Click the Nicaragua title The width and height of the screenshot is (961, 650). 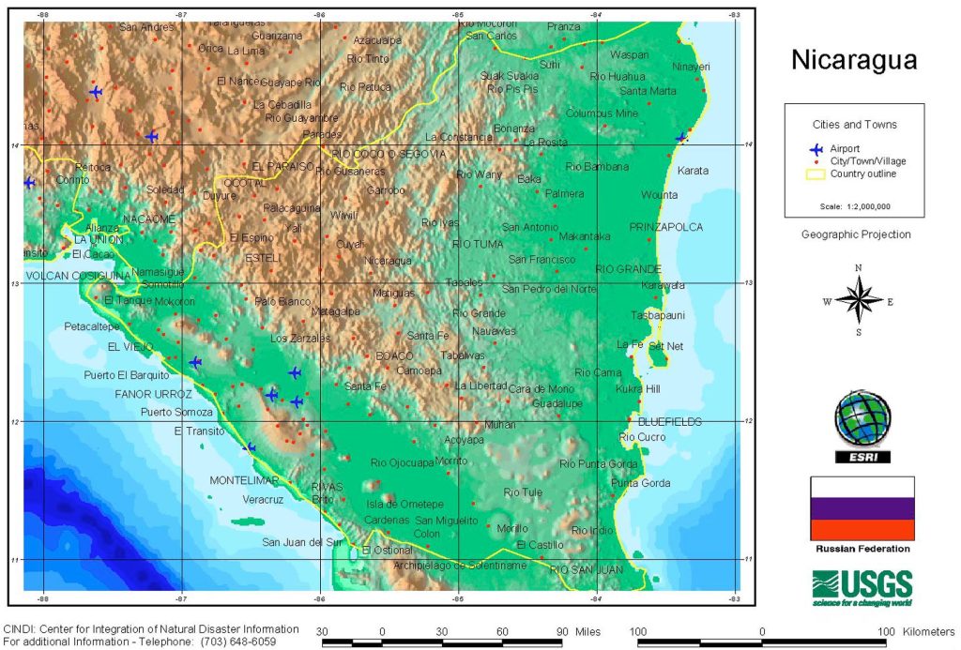click(853, 61)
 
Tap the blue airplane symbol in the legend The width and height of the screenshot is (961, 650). click(816, 148)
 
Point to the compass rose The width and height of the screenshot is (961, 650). click(858, 301)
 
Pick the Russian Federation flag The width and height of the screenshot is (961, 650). click(862, 507)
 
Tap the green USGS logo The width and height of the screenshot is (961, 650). click(862, 587)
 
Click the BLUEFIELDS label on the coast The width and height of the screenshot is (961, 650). click(669, 422)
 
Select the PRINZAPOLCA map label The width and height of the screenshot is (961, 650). click(665, 227)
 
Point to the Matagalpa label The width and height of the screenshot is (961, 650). click(336, 311)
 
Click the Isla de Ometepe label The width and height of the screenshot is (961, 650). click(404, 504)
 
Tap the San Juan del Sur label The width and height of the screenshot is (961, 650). click(302, 542)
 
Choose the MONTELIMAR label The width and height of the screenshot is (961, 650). click(244, 480)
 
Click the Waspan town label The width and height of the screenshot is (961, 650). click(629, 55)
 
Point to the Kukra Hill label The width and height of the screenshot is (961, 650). click(638, 388)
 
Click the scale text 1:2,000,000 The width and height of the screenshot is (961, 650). click(854, 205)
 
